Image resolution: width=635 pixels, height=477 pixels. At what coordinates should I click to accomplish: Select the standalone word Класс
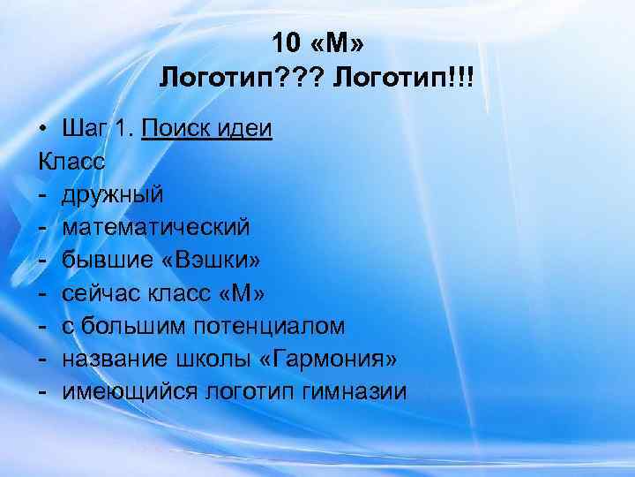coord(71,162)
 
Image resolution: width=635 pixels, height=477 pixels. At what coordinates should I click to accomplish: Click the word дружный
coord(112,194)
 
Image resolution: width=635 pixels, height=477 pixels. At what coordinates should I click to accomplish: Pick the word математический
coord(155,227)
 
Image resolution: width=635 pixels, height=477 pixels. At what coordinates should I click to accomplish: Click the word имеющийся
coord(130,390)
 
